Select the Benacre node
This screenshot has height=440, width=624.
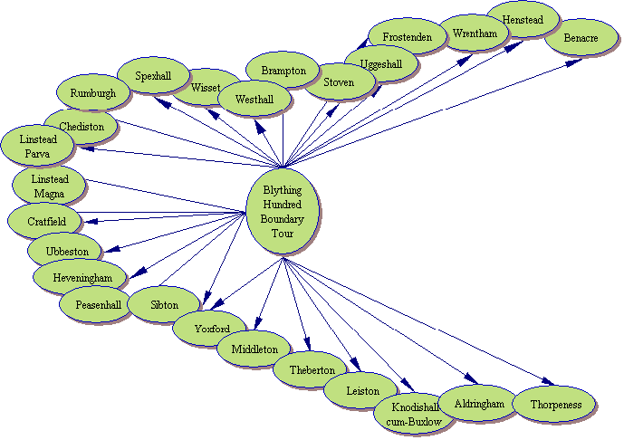pos(581,38)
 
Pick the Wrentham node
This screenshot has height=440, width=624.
pos(475,33)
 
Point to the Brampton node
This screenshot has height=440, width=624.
pos(283,70)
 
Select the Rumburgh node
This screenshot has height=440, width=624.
pos(91,92)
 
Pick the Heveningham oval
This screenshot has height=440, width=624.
pos(75,277)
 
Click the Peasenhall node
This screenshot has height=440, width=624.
pos(97,305)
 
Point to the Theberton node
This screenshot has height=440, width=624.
pos(312,369)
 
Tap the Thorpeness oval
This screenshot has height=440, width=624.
pos(555,404)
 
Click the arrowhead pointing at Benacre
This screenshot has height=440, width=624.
pos(575,62)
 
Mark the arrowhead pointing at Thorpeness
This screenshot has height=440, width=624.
pos(546,382)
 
